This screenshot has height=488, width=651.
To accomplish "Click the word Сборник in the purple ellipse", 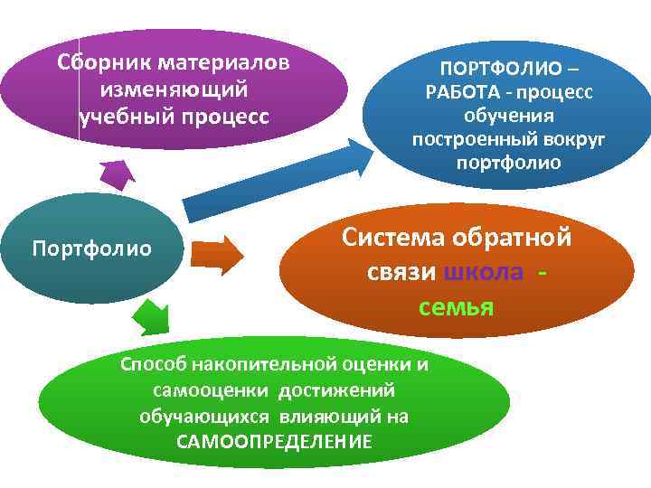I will pyautogui.click(x=103, y=64).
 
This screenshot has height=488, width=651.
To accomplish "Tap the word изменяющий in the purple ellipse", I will pyautogui.click(x=175, y=91).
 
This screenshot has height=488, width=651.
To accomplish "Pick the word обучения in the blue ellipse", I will pyautogui.click(x=508, y=117).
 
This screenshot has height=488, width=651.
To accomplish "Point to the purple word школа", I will pyautogui.click(x=484, y=273).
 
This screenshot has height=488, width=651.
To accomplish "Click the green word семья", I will pyautogui.click(x=456, y=307).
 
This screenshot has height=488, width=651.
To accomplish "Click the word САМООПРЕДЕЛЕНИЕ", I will pyautogui.click(x=274, y=442).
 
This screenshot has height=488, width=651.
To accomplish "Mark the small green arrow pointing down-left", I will pyautogui.click(x=149, y=315).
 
